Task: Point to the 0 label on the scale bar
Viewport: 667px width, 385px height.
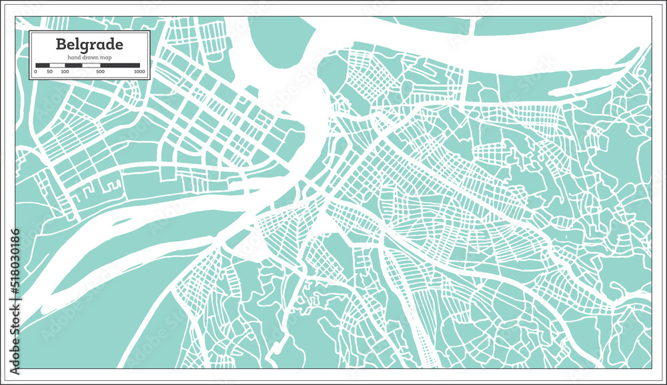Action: [x=35, y=71]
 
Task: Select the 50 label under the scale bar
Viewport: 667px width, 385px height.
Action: [x=50, y=71]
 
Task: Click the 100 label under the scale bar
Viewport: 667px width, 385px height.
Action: [x=65, y=71]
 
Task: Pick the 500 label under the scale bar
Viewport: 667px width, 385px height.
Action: [x=100, y=71]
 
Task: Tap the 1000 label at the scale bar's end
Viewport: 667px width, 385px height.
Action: [x=139, y=71]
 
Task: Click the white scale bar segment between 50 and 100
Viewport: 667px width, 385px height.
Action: [x=57, y=65]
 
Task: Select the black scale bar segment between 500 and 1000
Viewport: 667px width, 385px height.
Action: [x=120, y=65]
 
